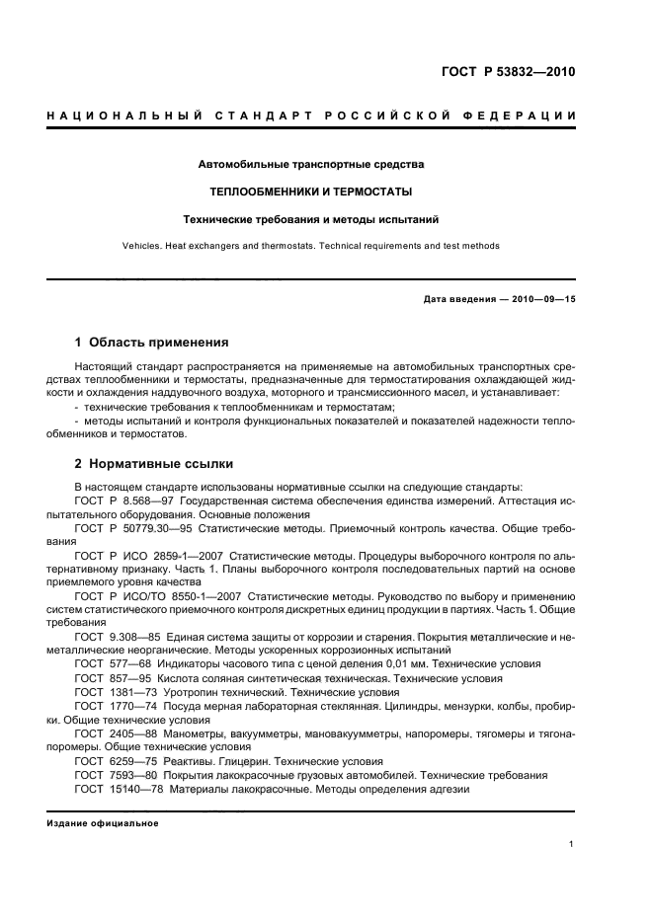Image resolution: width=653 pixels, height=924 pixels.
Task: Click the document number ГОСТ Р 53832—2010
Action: (x=507, y=71)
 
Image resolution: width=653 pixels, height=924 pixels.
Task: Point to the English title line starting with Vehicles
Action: (x=311, y=246)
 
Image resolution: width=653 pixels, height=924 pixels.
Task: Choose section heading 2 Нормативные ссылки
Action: (x=154, y=463)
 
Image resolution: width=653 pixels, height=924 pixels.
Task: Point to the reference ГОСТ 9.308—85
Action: (x=117, y=637)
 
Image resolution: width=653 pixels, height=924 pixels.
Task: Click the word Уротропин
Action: (x=203, y=692)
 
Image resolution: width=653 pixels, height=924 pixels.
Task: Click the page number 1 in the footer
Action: (x=572, y=844)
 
